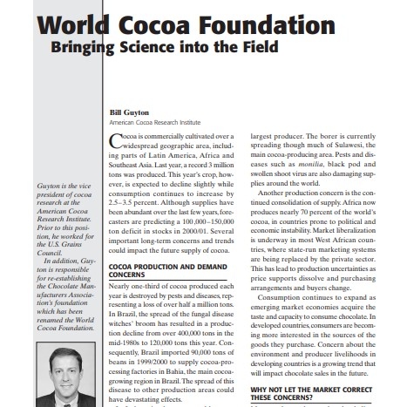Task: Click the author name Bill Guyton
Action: (129, 112)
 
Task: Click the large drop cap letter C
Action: (118, 142)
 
